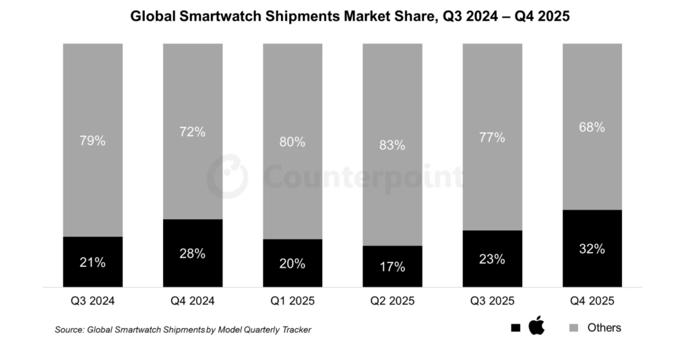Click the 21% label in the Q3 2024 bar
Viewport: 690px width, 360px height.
click(92, 262)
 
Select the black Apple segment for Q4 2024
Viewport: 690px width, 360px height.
click(193, 253)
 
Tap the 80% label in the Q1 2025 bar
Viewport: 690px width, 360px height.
click(292, 142)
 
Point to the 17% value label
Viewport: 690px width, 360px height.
click(392, 267)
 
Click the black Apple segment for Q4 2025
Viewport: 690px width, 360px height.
click(592, 248)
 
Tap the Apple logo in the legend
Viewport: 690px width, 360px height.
click(536, 327)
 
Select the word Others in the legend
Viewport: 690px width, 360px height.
click(604, 328)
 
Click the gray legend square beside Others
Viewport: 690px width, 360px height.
click(574, 328)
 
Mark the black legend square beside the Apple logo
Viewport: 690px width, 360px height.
click(515, 328)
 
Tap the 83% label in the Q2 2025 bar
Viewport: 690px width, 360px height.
click(392, 145)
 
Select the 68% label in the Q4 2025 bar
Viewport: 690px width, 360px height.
click(592, 127)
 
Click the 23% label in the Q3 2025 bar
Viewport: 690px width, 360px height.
click(492, 259)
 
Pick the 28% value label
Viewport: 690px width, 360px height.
click(193, 253)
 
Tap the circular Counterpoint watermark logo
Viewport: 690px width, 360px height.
click(227, 177)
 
